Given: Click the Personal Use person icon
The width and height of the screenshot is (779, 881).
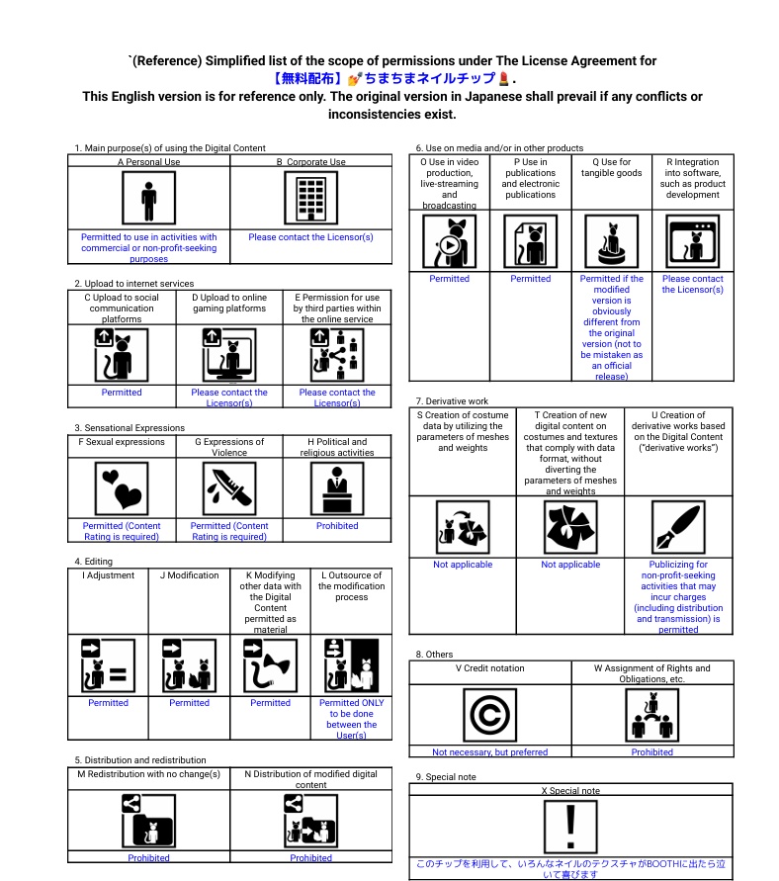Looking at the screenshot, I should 148,198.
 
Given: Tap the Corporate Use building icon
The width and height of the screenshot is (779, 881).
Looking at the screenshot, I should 310,198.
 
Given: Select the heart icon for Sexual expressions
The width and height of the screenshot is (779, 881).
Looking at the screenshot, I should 122,486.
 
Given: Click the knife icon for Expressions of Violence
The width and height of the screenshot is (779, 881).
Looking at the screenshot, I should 229,486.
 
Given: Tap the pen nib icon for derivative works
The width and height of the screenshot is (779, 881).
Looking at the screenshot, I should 678,527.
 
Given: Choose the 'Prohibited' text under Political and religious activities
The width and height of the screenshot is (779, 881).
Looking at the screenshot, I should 337,526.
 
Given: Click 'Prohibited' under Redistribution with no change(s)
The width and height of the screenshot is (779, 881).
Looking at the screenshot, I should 148,858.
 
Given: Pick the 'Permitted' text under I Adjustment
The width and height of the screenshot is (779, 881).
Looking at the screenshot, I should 108,703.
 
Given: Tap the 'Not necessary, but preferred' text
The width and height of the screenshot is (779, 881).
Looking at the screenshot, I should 489,752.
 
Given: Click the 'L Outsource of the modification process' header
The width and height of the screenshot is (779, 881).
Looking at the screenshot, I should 351,586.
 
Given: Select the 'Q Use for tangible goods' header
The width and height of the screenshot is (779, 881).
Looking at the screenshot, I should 611,168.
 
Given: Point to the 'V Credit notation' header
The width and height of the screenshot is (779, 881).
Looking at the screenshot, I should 489,668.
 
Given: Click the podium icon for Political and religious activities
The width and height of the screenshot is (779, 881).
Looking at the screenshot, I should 337,486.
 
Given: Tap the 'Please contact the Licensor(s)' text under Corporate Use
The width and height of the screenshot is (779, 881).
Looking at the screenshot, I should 310,237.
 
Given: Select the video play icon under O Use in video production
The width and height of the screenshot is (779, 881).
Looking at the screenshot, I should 450,241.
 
